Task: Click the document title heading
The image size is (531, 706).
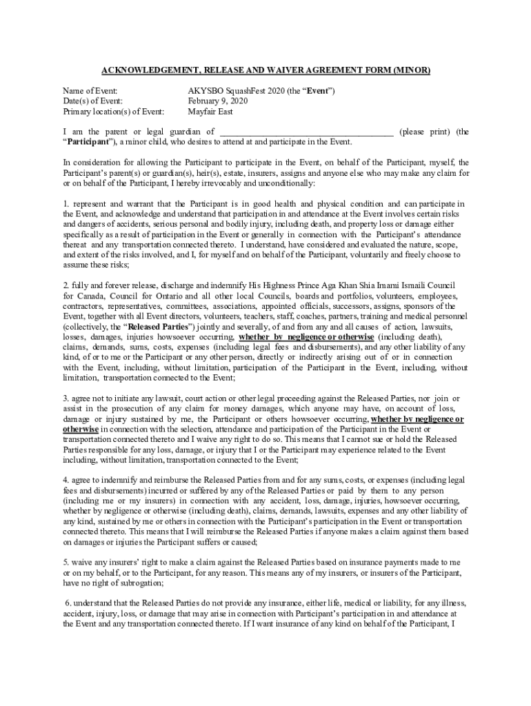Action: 265,70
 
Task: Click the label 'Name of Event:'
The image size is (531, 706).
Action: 90,91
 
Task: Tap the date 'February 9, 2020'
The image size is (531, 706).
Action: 217,101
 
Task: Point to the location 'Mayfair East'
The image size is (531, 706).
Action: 210,111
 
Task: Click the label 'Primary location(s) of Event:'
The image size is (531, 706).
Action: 114,111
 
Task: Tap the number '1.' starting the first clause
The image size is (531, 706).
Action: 66,203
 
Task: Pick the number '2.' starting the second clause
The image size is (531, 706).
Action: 66,285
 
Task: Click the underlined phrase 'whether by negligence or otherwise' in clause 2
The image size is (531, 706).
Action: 306,336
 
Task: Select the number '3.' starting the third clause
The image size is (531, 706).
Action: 66,398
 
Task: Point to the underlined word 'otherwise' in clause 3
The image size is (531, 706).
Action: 81,429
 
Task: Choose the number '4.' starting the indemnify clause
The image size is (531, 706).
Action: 66,480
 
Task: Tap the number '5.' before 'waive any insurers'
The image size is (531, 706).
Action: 66,562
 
